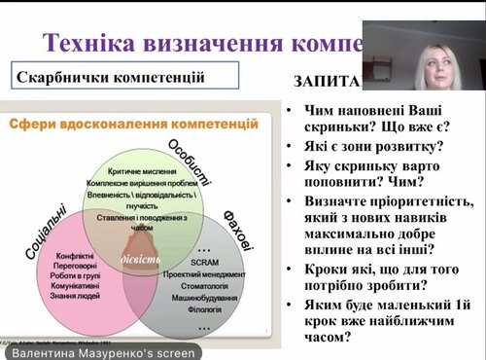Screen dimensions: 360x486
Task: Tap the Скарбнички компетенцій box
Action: click(125, 77)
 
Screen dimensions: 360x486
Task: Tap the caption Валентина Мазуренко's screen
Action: click(99, 352)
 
